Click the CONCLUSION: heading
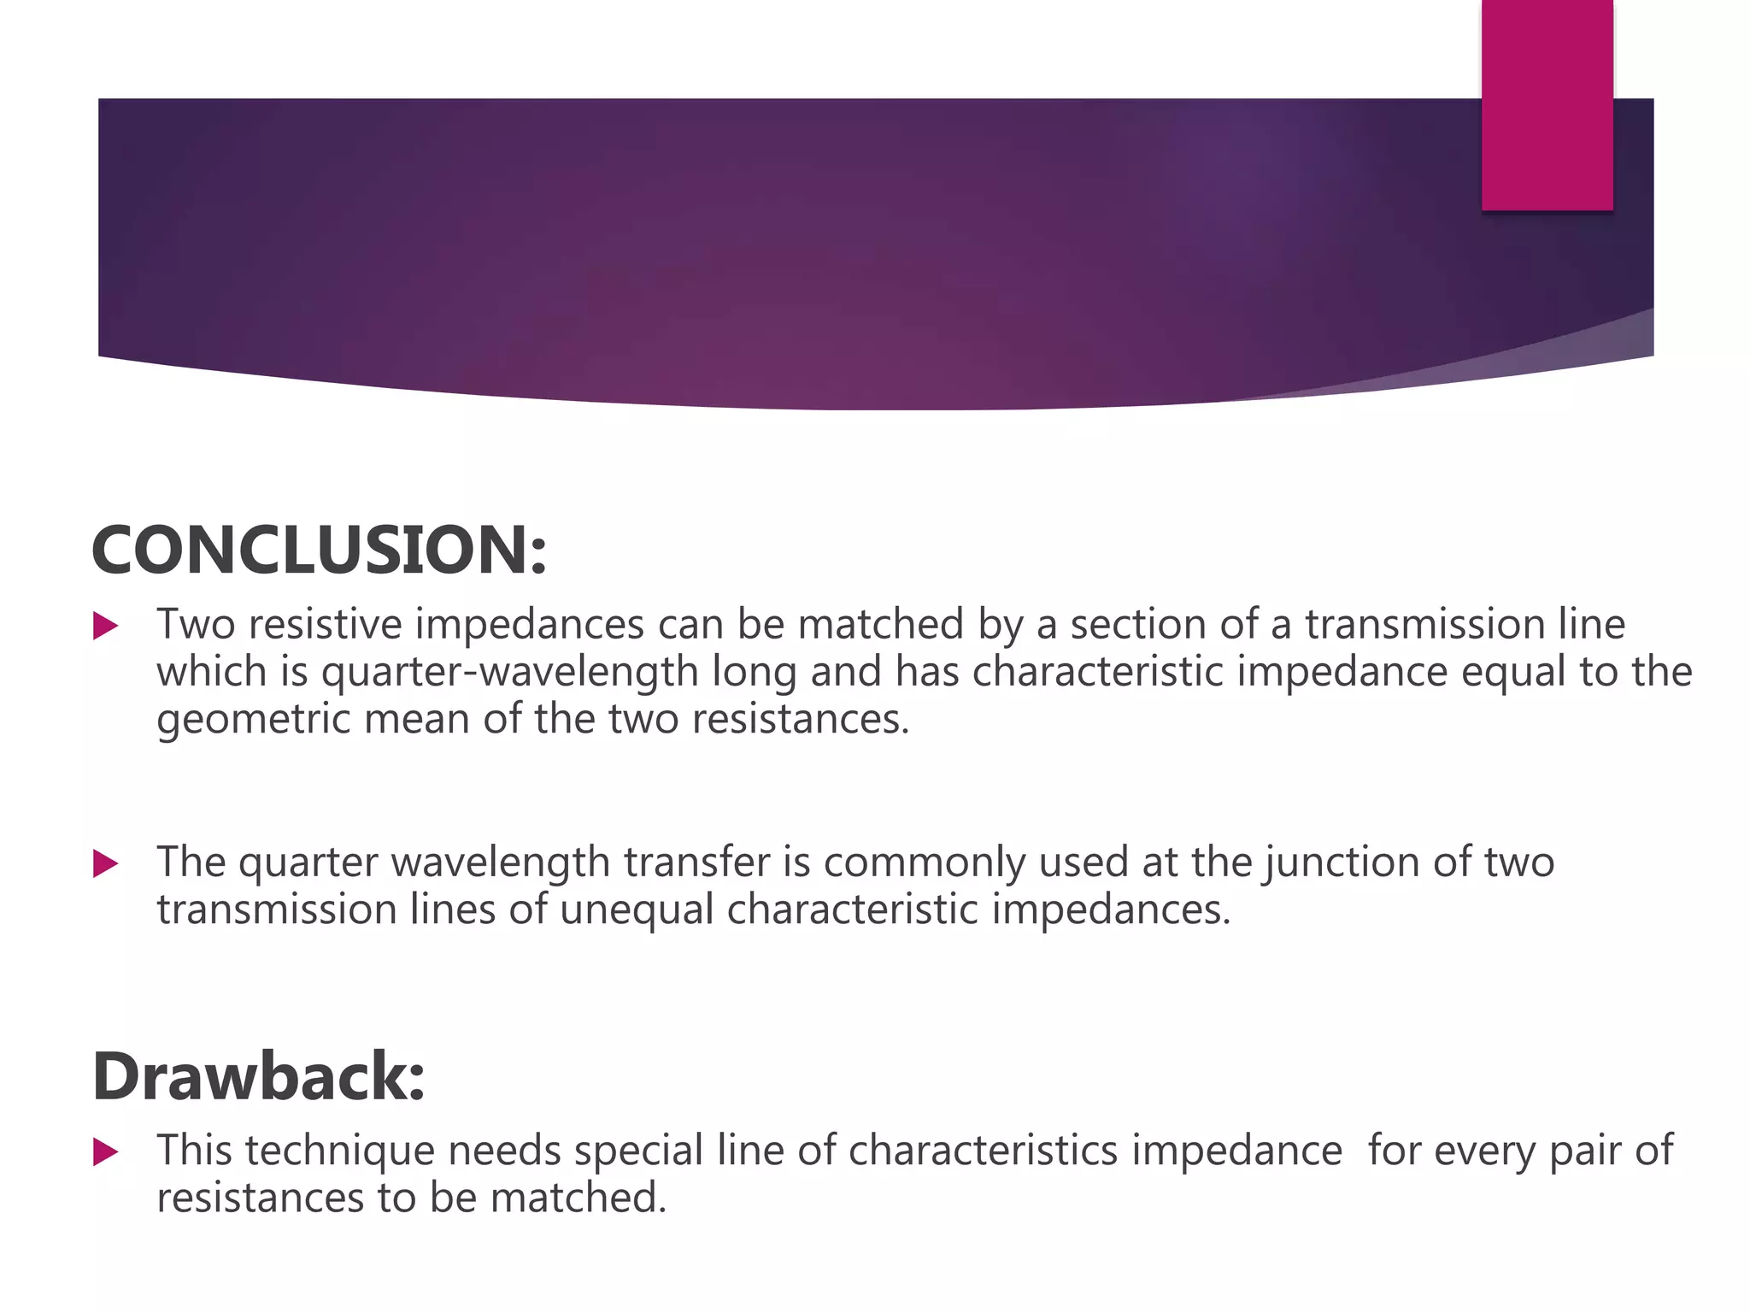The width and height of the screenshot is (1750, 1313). point(318,551)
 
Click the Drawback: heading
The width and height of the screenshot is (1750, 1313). point(258,1076)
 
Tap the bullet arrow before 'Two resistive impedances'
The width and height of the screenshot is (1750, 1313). point(105,626)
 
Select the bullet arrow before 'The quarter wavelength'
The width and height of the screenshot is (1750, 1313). point(105,863)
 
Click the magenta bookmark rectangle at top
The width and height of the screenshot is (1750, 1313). point(1547,104)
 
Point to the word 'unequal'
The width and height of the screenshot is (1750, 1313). point(637,910)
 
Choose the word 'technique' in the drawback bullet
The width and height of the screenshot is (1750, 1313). point(339,1151)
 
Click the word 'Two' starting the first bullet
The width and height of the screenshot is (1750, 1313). point(196,624)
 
